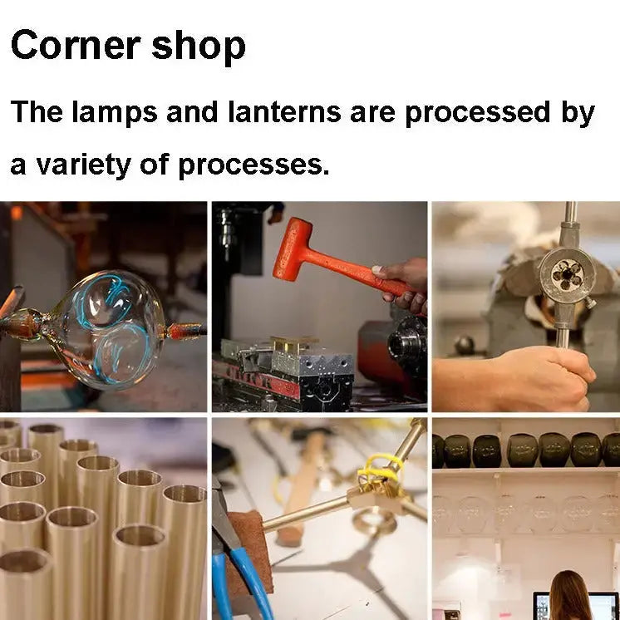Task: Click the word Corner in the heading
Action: pyautogui.click(x=76, y=46)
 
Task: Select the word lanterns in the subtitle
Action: pyautogui.click(x=284, y=111)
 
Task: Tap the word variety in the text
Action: pyautogui.click(x=84, y=165)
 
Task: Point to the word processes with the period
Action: pyautogui.click(x=253, y=166)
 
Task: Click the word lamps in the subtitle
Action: pyautogui.click(x=115, y=113)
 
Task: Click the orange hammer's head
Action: pyautogui.click(x=292, y=249)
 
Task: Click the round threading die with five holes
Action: pyautogui.click(x=567, y=273)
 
